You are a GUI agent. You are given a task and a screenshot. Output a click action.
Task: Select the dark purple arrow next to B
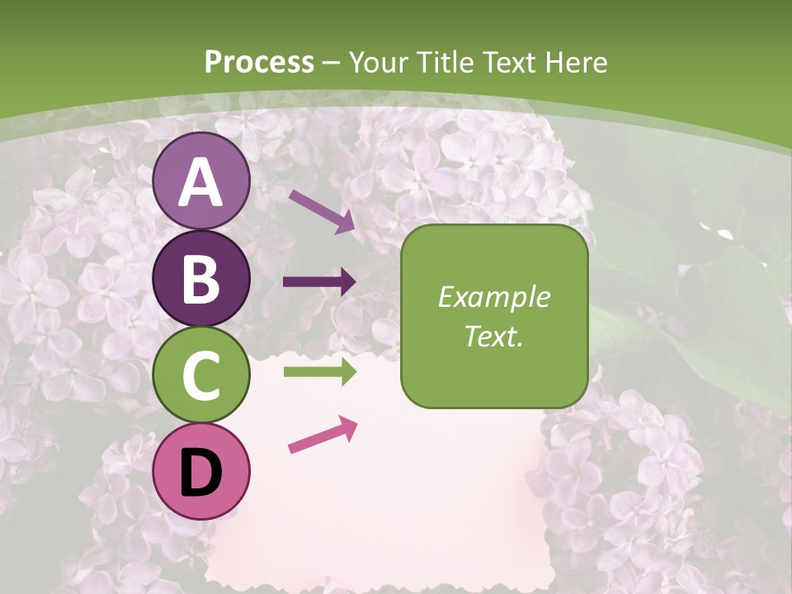click(x=319, y=282)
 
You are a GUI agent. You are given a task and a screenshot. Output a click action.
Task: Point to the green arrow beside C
click(x=319, y=372)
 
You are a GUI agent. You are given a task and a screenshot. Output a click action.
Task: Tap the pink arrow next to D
click(x=323, y=435)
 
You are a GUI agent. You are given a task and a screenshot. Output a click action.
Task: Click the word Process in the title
click(x=259, y=63)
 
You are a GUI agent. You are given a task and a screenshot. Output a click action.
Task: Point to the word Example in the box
click(x=493, y=297)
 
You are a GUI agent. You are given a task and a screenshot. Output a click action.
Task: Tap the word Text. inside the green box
click(x=493, y=336)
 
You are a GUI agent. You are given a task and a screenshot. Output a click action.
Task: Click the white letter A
click(x=201, y=182)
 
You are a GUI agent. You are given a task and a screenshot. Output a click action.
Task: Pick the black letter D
click(x=201, y=473)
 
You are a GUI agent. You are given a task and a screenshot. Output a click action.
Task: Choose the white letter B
click(x=201, y=279)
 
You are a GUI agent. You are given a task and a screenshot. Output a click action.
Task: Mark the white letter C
click(x=201, y=376)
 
